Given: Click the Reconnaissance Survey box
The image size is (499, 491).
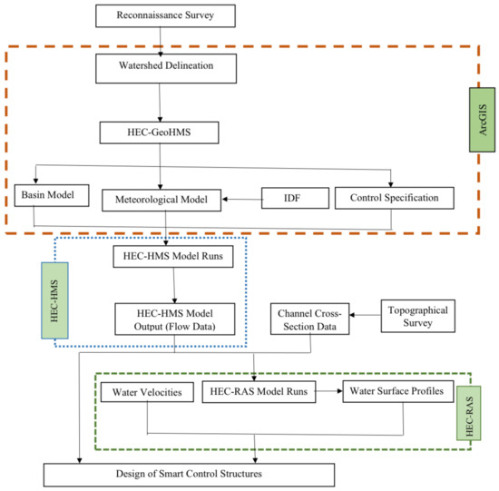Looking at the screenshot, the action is (x=165, y=15).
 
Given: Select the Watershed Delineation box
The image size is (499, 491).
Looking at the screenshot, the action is (x=166, y=68).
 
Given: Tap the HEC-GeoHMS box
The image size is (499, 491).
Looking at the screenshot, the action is (x=159, y=133).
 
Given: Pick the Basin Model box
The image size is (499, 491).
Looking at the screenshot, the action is (x=52, y=195).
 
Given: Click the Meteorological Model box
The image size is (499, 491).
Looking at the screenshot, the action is (x=161, y=200).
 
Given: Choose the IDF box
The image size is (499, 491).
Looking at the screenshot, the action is (x=296, y=198).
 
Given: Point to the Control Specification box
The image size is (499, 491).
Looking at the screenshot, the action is (x=395, y=198).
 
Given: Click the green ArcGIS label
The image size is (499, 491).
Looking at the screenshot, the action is (x=482, y=120).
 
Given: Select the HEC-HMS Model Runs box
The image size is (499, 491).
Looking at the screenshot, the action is (x=173, y=256).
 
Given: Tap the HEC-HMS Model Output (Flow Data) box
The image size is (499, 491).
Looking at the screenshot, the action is (x=175, y=319).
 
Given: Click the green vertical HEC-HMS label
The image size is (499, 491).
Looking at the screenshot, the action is (x=54, y=300).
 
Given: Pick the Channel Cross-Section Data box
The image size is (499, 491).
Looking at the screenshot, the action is (x=309, y=319).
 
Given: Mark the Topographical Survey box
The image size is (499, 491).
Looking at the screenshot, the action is (x=418, y=316).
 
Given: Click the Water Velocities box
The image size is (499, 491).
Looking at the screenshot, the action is (x=147, y=392).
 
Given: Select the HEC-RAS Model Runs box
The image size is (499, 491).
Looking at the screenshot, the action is (x=259, y=392).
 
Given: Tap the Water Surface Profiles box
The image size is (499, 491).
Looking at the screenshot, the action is (x=397, y=391).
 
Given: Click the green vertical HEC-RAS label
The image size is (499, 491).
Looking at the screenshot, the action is (x=469, y=413).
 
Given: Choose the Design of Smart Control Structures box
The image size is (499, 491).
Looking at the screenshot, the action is (x=189, y=475).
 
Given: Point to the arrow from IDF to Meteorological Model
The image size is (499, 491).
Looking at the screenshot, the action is (x=242, y=200).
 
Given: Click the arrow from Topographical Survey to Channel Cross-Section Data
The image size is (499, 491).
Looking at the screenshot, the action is (x=366, y=315).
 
